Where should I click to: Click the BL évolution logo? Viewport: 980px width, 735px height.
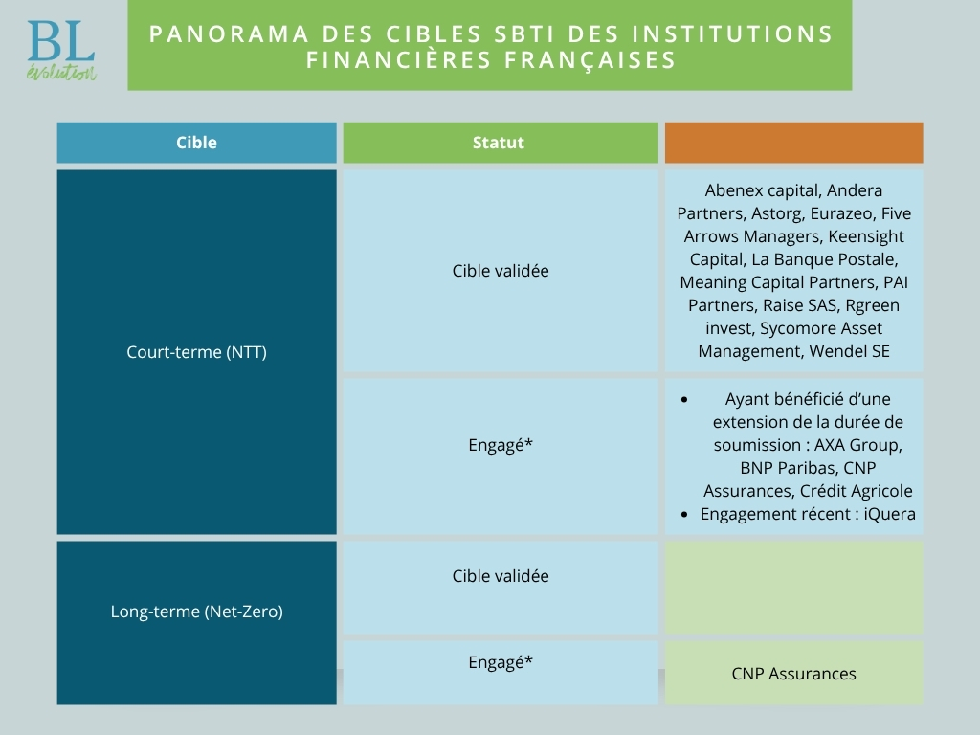[61, 51]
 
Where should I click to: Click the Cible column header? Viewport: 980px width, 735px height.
[196, 143]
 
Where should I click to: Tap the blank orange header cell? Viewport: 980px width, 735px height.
[793, 143]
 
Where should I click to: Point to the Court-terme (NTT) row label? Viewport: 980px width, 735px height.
[196, 352]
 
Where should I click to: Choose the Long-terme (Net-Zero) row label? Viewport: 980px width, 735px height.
[196, 612]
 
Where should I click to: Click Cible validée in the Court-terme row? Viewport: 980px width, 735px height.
[500, 271]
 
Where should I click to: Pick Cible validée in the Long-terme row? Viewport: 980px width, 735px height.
[500, 575]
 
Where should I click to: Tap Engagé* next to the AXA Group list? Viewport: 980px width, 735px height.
[500, 444]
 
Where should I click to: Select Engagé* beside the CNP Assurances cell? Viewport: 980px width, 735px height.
[500, 662]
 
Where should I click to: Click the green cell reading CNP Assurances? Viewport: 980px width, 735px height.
[793, 673]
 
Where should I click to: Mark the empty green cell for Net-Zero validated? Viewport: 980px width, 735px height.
[793, 588]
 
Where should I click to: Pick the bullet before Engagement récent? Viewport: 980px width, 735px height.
[684, 514]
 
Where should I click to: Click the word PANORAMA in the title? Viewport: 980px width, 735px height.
[229, 33]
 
